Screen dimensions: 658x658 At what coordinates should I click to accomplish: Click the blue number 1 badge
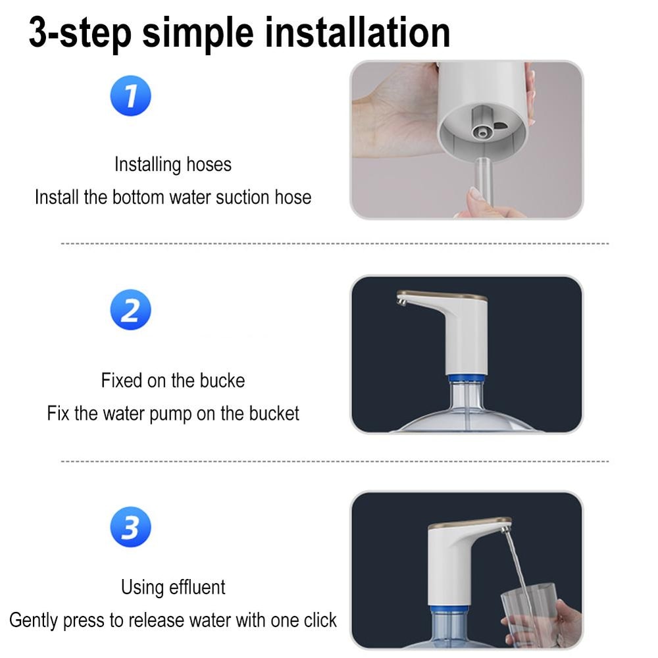tap(130, 97)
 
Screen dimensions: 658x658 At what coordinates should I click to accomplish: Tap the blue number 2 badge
tap(130, 310)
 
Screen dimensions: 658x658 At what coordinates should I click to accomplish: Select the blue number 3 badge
tap(130, 527)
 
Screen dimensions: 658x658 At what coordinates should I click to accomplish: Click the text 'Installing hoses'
tap(173, 164)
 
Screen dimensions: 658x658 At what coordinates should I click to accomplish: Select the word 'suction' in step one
tap(232, 197)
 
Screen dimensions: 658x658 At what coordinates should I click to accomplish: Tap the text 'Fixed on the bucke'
tap(173, 380)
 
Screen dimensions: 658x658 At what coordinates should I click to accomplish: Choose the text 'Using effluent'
tap(173, 587)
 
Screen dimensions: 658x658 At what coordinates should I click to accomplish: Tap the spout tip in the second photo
tap(401, 300)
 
